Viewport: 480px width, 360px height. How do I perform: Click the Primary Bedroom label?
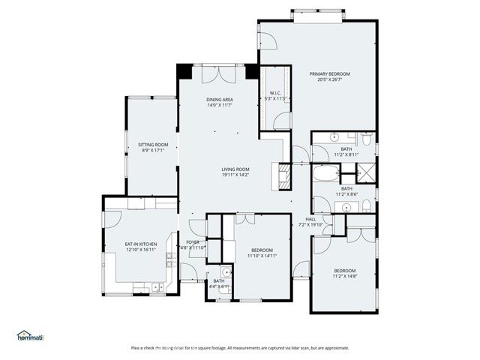tap(329, 73)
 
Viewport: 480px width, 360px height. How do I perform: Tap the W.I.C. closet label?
tap(275, 94)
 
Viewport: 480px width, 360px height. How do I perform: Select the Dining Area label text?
tap(219, 100)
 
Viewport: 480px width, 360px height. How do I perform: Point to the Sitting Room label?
tap(153, 144)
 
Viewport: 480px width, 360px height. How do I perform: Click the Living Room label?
tap(235, 169)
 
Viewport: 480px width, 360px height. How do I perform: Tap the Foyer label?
tap(193, 242)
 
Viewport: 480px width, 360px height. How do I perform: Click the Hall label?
tap(310, 219)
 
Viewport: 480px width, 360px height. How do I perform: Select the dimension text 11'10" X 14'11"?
tap(262, 256)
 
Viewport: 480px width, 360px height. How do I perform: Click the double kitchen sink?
tap(155, 287)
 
